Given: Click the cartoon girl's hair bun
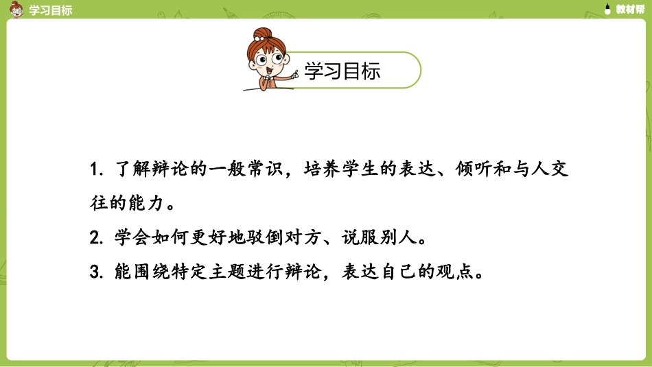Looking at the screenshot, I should point(261,34).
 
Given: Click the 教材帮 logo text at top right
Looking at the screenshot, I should point(629,10).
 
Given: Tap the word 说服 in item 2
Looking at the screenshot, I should point(362,238).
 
